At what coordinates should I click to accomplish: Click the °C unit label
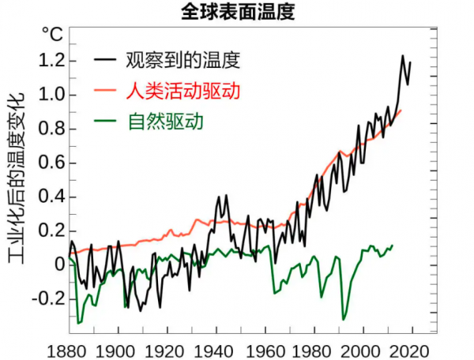(x=51, y=34)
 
